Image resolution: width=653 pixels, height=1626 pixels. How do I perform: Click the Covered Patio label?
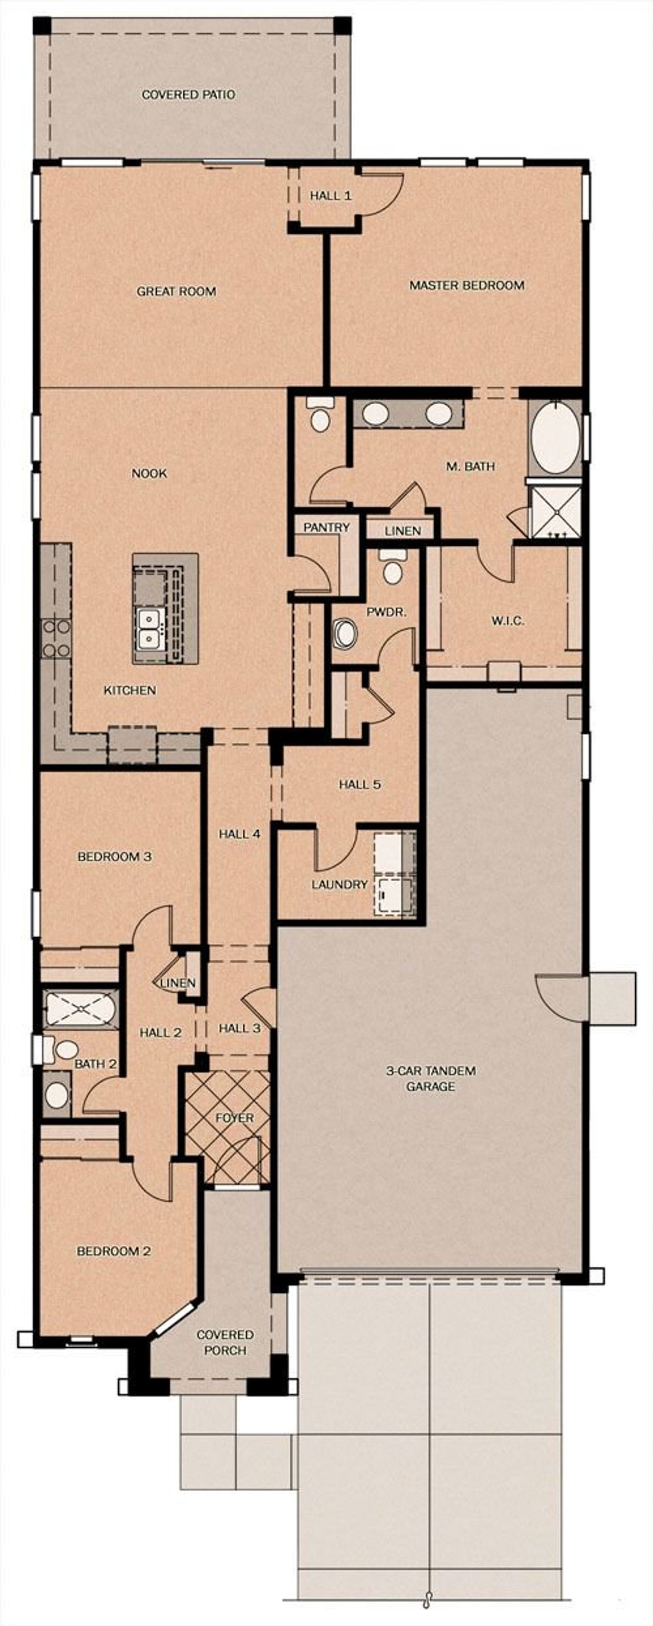tap(188, 95)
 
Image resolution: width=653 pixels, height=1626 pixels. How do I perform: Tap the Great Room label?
tap(176, 292)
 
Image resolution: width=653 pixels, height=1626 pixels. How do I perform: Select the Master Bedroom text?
tap(466, 285)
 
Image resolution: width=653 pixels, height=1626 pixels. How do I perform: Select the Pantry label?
tap(326, 527)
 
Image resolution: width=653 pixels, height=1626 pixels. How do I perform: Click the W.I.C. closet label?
tap(507, 621)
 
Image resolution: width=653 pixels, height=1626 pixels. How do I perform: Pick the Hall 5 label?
tap(360, 785)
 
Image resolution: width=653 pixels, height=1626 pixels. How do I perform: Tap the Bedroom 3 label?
tap(114, 857)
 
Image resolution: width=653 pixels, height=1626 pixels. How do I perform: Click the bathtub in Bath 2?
tap(80, 1009)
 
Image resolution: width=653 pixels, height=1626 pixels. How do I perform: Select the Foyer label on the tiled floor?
tap(234, 1118)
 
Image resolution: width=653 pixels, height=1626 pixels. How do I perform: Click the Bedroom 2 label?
tap(114, 1251)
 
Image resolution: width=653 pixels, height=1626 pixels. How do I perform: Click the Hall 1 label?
tap(330, 196)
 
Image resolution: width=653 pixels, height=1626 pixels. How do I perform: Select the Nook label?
tap(149, 473)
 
